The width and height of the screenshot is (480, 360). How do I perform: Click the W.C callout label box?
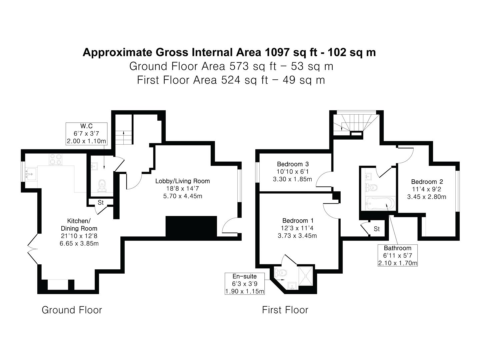coord(86,134)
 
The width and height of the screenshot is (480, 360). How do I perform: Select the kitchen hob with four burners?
coord(56,159)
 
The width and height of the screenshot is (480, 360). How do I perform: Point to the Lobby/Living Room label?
coord(183,181)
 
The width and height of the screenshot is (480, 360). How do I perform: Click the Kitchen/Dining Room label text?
coord(79,224)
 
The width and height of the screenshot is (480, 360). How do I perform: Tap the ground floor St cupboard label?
coord(101,203)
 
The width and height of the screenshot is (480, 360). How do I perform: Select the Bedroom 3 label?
coord(293,164)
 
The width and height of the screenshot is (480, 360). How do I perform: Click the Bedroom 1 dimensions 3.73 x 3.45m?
coord(297,236)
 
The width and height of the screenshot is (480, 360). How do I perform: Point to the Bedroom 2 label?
coord(427,182)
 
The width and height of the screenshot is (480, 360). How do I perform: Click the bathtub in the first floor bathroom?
coord(380,203)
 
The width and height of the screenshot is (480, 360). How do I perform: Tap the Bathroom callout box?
coord(398,255)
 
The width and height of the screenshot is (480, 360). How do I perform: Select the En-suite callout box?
coord(245,283)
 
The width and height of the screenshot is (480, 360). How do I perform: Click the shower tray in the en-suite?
coord(305,276)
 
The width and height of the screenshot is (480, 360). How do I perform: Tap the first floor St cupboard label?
coord(377,229)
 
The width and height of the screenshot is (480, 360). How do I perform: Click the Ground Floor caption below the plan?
coord(72,310)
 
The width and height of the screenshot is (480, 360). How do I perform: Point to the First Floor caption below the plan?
coord(285,310)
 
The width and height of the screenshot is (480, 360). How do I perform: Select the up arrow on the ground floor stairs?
coord(124,134)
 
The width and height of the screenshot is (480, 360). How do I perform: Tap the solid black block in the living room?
coord(191,226)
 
